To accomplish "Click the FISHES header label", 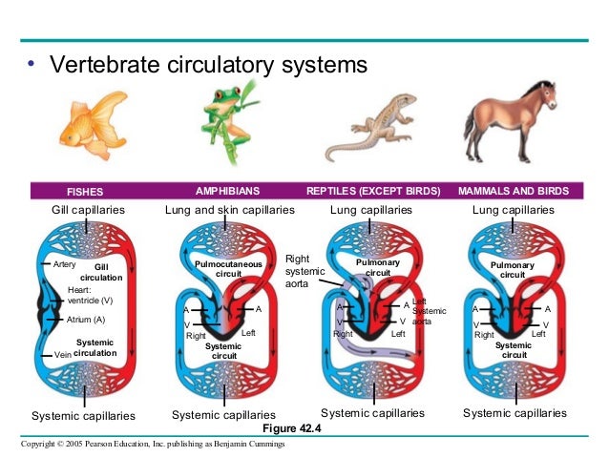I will (84, 191).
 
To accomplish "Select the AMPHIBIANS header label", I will (227, 191).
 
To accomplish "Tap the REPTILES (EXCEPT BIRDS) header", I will (373, 191).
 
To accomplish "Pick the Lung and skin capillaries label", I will (227, 209).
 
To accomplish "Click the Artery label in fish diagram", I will (64, 263).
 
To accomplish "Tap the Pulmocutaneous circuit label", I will (222, 267).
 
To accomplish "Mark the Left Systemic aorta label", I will (429, 311).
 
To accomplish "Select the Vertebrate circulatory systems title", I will (207, 67).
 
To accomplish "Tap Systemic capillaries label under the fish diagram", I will (83, 415).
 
